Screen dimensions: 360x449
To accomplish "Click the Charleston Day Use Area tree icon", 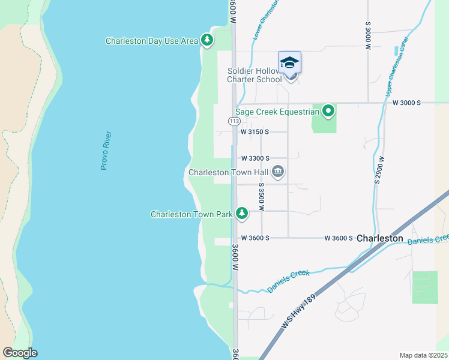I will (207, 40).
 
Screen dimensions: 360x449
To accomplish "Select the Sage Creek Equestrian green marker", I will (328, 111).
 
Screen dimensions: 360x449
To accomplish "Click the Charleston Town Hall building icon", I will (277, 172).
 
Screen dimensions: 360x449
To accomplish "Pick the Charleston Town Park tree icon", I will (241, 214).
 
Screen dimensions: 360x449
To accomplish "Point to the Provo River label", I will (106, 151).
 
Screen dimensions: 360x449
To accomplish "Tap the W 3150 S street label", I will (255, 131).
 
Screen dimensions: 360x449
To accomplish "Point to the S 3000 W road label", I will (367, 37).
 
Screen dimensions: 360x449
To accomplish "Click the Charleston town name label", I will (380, 238).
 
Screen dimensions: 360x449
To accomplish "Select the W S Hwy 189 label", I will (299, 313).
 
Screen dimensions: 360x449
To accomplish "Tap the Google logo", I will (20, 353).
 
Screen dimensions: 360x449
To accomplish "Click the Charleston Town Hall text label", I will (228, 172).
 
